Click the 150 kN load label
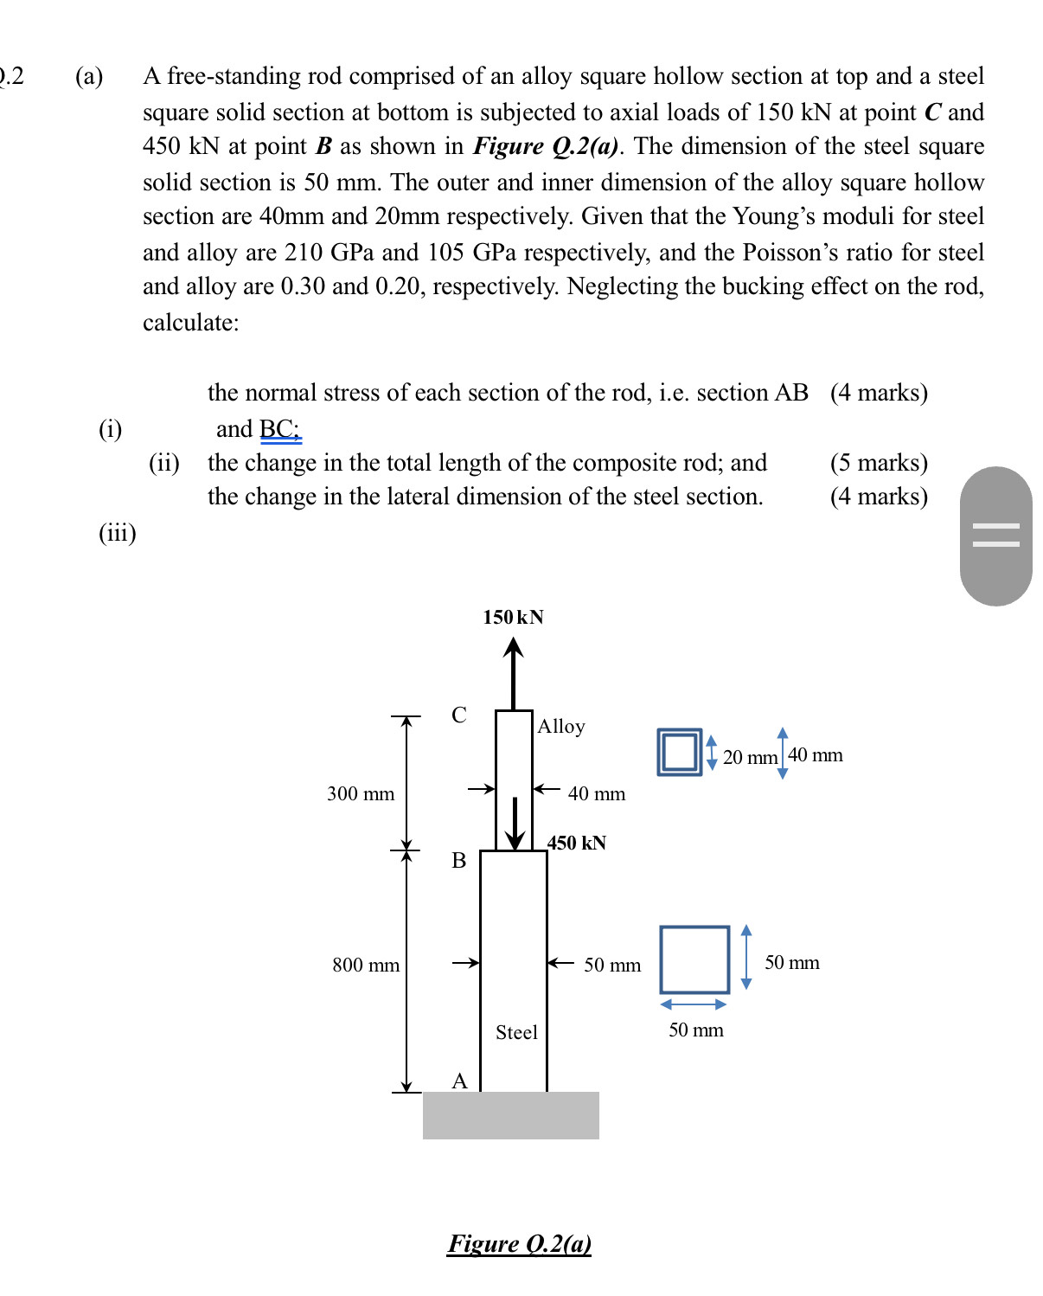513,617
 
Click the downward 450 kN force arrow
515,824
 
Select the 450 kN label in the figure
577,843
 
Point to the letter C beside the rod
459,715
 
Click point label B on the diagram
459,860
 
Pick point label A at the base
459,1081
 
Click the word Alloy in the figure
561,726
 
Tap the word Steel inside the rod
516,1032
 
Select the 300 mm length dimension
361,793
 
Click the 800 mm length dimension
366,965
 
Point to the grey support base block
510,1115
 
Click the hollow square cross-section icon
680,752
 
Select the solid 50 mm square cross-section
694,959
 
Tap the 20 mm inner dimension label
750,757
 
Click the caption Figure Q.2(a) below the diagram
519,1243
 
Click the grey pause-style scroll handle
995,536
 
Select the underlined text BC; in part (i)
279,429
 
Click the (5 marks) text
879,463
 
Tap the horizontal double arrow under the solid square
694,1004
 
